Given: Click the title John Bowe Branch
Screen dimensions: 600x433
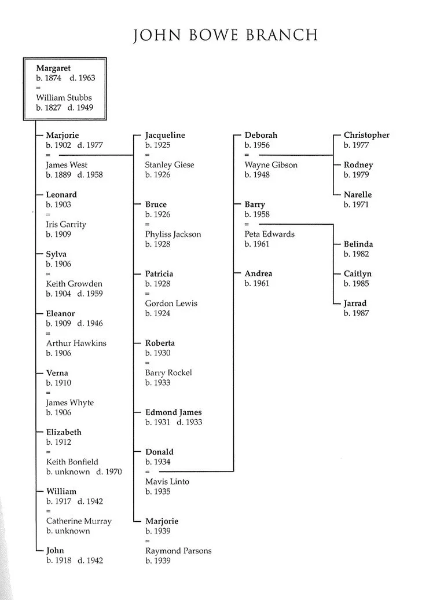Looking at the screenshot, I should [226, 35].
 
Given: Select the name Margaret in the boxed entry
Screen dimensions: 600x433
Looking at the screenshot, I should [53, 68].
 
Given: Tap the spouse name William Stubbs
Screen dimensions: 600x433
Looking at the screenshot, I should [64, 98].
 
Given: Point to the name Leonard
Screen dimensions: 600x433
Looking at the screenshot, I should [61, 195].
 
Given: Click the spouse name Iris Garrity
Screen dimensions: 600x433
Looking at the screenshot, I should [66, 225].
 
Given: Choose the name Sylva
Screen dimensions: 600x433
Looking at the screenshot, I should [56, 254].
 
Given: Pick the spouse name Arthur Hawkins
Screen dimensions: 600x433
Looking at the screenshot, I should [76, 343].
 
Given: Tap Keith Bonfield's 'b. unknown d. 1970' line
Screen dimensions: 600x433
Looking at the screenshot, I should [84, 472].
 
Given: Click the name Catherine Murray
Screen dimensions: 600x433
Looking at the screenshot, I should [79, 521].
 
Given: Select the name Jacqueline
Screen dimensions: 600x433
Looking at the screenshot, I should [165, 136].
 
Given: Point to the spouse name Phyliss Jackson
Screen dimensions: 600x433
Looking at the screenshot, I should [173, 235].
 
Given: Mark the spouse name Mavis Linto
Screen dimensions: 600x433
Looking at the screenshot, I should [167, 482].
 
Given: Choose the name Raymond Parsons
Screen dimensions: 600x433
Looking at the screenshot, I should [178, 551].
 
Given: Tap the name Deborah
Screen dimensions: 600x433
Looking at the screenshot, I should [260, 136].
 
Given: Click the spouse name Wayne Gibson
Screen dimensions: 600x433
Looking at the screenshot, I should [271, 165].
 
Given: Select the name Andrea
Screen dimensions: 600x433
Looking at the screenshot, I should [258, 274].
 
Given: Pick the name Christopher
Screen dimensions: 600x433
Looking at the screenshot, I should [366, 136].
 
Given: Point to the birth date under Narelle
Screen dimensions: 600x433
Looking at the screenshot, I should [356, 205].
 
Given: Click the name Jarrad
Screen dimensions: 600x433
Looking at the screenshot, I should [355, 303].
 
